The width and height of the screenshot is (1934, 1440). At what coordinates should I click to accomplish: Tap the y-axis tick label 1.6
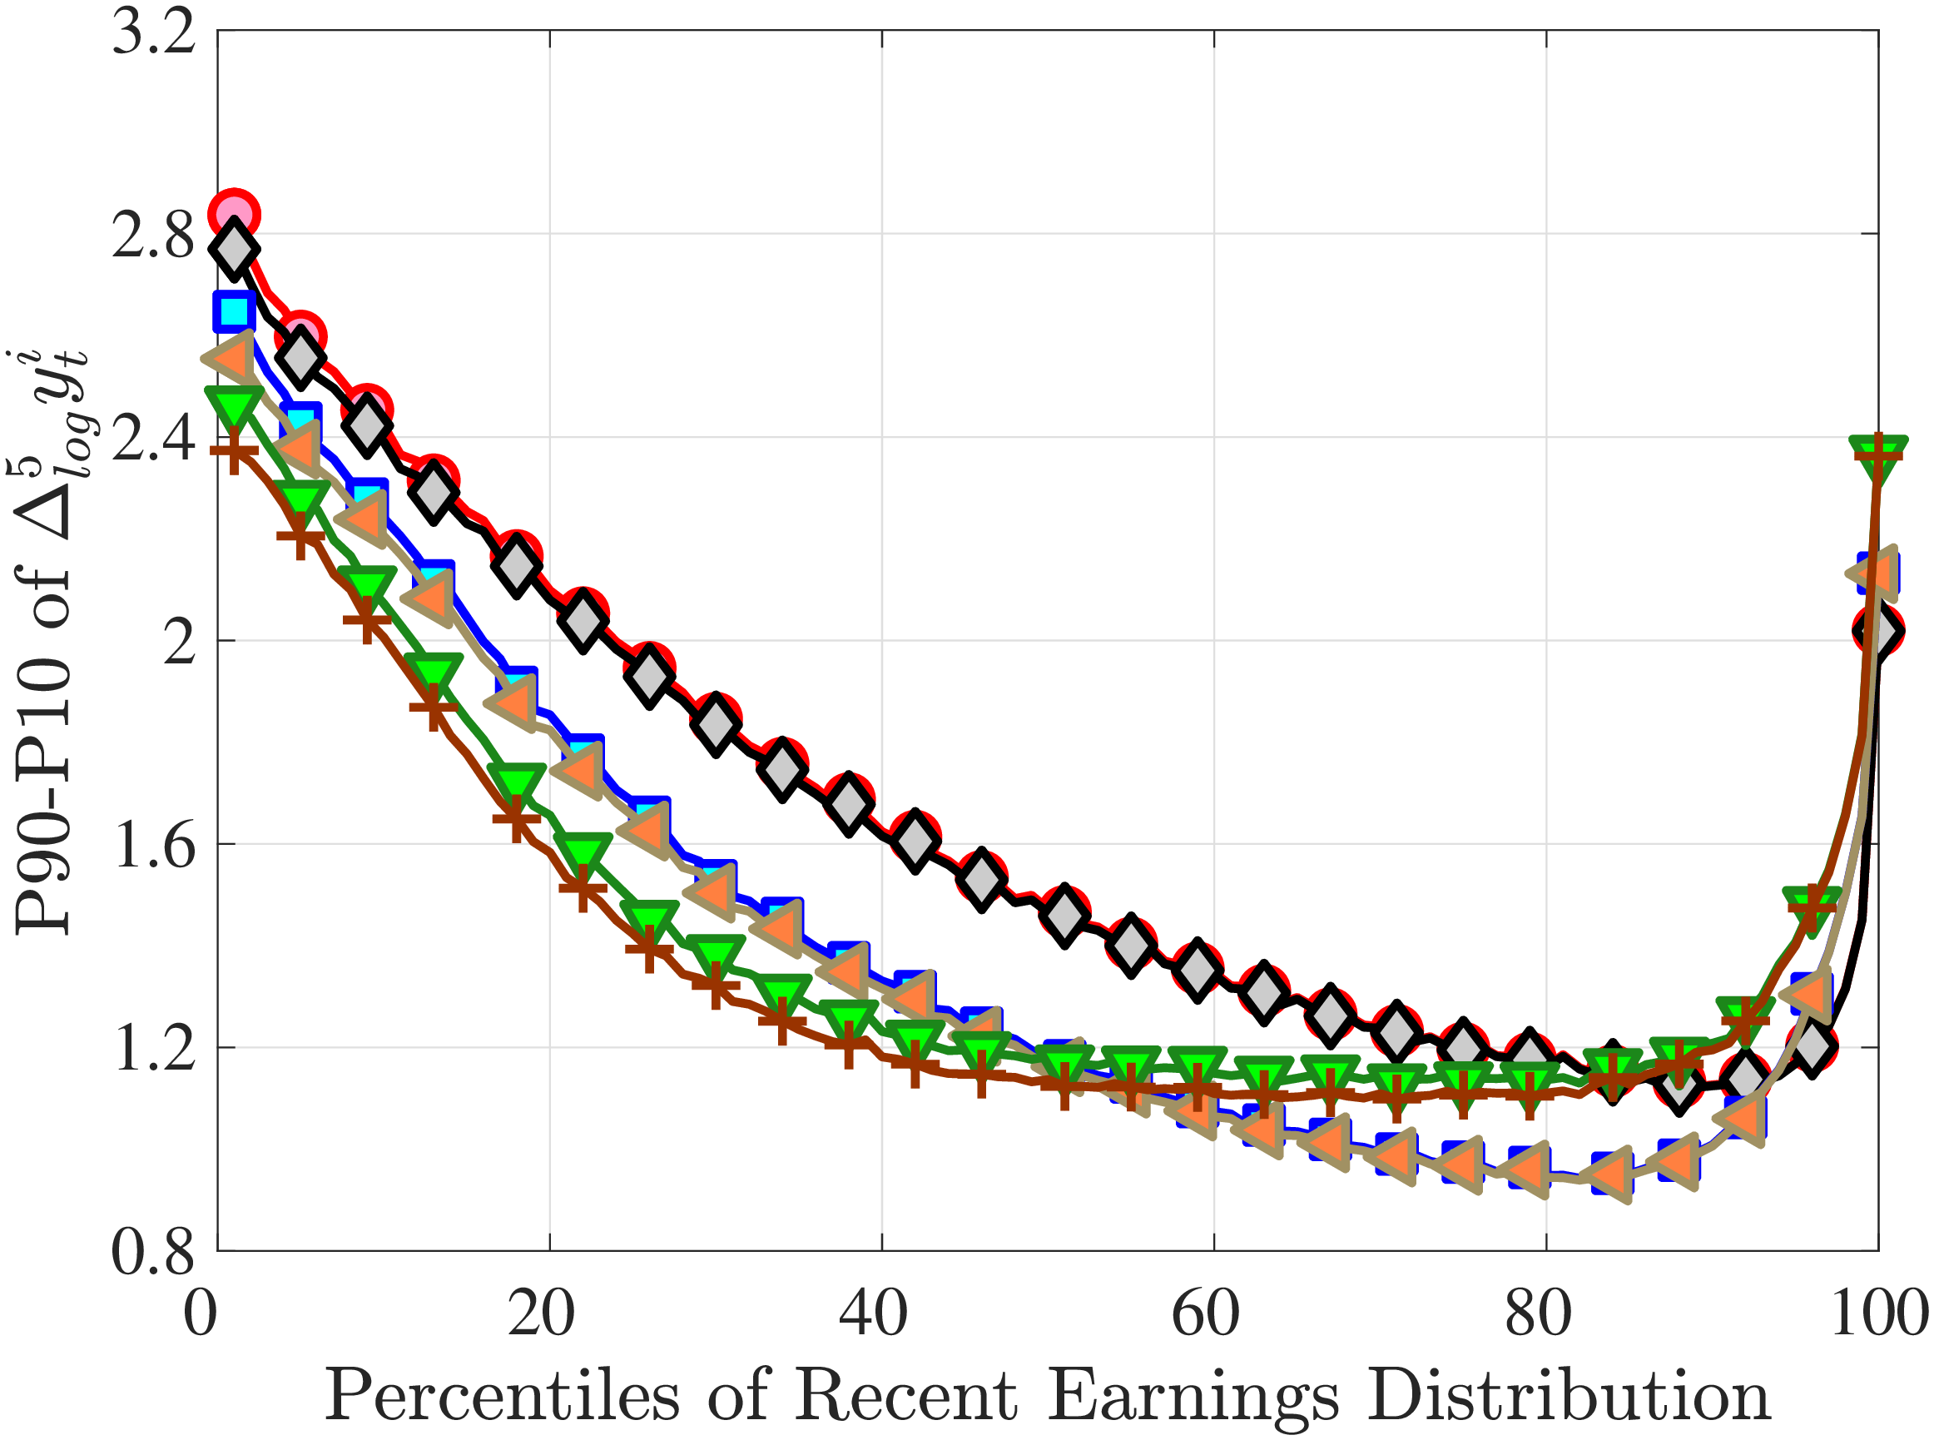(154, 846)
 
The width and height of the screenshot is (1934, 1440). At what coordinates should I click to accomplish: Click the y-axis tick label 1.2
(154, 1049)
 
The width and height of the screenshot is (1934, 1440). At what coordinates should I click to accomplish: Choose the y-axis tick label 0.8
(154, 1252)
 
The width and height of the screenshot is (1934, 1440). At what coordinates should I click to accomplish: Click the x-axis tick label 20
(541, 1313)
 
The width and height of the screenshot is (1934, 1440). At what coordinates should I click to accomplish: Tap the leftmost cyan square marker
(234, 311)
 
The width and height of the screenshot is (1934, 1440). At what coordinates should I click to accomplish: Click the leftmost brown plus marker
(234, 453)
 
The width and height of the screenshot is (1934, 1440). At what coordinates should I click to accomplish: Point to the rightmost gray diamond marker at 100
(1877, 630)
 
